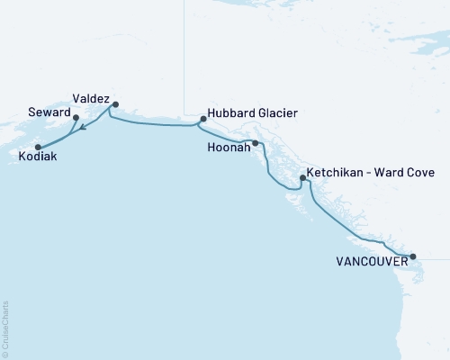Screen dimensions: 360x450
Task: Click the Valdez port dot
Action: tap(115, 103)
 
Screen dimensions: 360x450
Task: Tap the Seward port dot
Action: tap(76, 117)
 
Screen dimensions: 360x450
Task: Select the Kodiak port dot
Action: tap(38, 147)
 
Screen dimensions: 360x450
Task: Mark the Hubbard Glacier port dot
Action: tap(203, 118)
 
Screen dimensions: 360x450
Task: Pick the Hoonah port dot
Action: tap(256, 143)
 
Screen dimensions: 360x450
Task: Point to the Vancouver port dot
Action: tap(413, 256)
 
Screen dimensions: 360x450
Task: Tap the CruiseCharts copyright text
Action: tap(6, 328)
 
